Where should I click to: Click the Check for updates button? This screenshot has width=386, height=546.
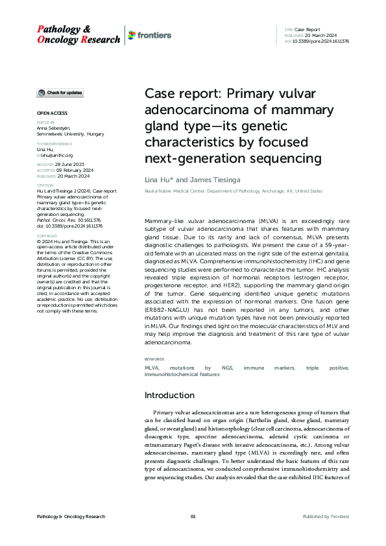(x=60, y=93)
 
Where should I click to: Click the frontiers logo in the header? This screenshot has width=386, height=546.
(x=151, y=34)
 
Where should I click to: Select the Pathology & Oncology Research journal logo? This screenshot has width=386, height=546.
(x=78, y=34)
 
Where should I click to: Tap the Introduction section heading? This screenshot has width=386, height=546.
(x=169, y=395)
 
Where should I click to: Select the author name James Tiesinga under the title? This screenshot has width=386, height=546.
(x=211, y=178)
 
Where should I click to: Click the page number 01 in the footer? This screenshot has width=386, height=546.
(x=193, y=516)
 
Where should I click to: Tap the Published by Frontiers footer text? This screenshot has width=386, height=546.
(x=326, y=516)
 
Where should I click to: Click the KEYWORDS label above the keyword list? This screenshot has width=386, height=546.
(x=155, y=359)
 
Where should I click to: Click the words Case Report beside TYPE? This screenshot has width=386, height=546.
(x=308, y=30)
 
